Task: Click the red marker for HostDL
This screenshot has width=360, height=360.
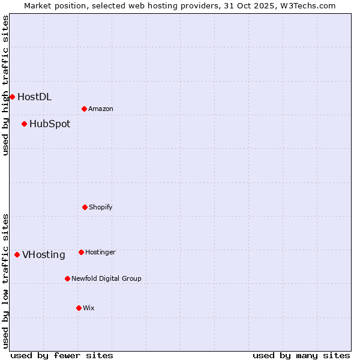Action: (x=12, y=97)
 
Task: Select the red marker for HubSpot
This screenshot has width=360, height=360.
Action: (x=24, y=124)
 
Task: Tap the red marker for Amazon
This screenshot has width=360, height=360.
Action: (x=84, y=109)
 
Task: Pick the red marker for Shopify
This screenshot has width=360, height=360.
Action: (x=85, y=207)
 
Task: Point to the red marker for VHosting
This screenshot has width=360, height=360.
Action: (x=17, y=254)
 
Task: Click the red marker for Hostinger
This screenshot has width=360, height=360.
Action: (x=81, y=252)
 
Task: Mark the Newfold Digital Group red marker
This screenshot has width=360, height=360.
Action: (x=67, y=278)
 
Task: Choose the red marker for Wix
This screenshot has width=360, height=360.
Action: (x=79, y=308)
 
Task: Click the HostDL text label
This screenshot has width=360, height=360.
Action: (x=35, y=97)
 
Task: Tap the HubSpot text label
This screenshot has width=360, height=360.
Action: (x=50, y=124)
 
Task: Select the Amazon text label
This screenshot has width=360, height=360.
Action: (x=101, y=109)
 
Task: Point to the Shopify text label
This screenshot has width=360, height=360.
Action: (x=101, y=207)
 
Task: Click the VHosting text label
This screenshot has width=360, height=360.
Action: (x=44, y=254)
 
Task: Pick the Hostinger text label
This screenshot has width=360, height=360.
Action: (x=100, y=252)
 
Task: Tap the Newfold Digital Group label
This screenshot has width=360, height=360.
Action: (x=106, y=278)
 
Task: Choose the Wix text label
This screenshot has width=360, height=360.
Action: (x=89, y=308)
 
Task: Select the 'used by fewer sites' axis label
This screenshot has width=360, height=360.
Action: (x=62, y=355)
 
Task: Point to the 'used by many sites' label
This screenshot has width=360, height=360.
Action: (x=301, y=355)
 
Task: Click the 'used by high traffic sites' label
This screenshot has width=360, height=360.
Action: (x=5, y=85)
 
